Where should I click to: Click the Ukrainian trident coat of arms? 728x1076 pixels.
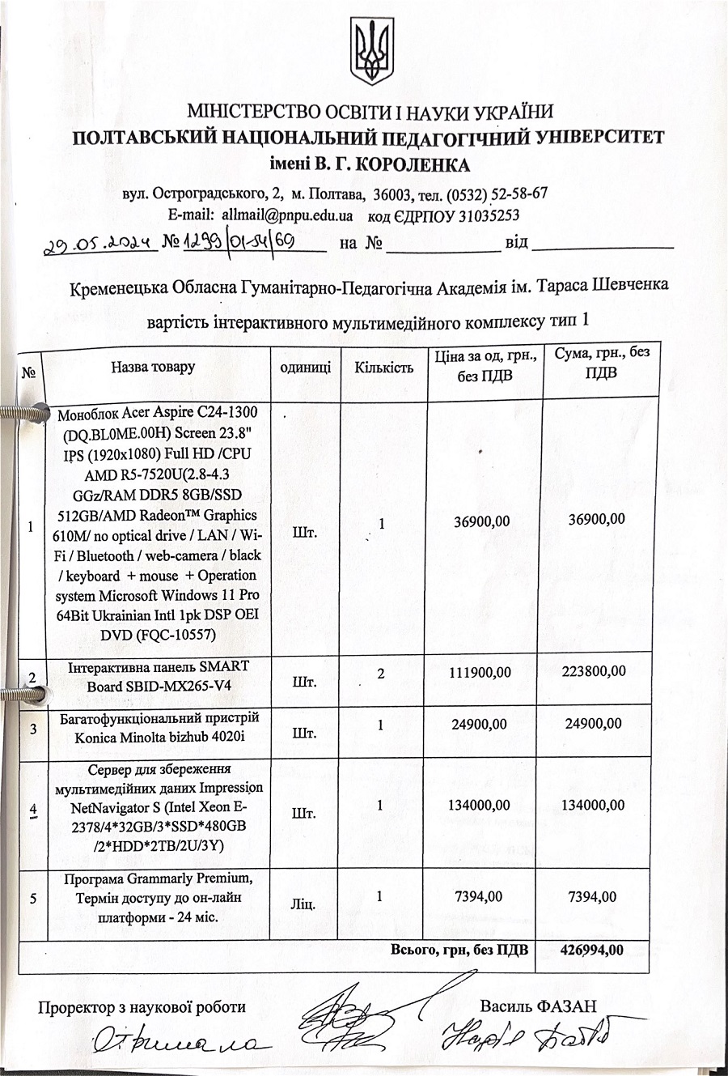coord(371,50)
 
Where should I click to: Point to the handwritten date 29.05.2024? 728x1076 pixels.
coord(100,242)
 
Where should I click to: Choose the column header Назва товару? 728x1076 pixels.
coord(153,367)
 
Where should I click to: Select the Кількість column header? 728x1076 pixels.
coord(383,368)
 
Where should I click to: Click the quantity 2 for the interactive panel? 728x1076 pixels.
coord(381,673)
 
